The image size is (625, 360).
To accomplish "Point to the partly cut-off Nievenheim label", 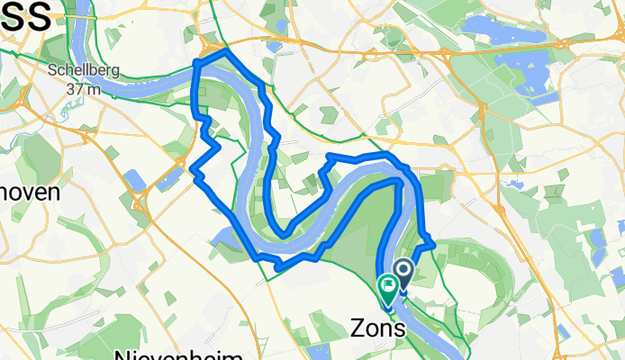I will tap(180, 354).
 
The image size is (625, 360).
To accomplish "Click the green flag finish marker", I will tap(389, 285).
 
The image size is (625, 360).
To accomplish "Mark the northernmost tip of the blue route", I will tap(224, 51).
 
